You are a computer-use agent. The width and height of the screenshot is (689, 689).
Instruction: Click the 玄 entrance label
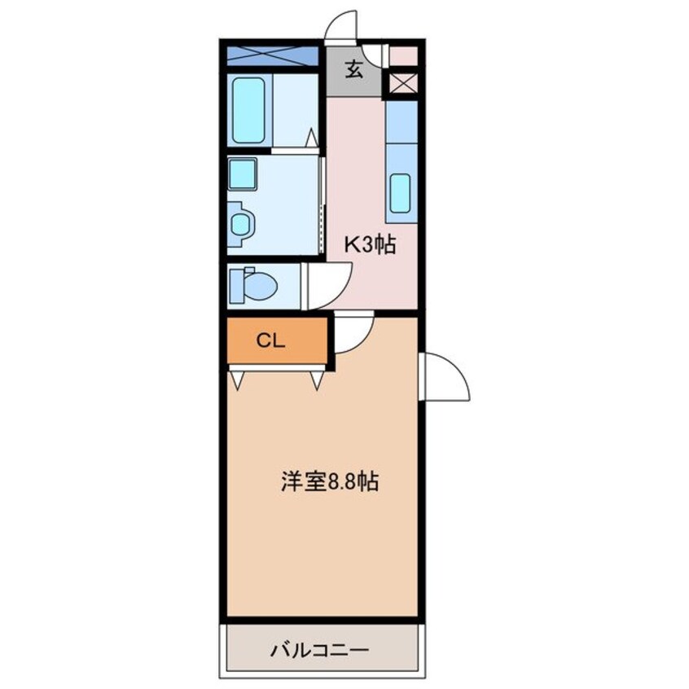[354, 69]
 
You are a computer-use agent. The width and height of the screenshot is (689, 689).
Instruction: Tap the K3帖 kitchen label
[370, 245]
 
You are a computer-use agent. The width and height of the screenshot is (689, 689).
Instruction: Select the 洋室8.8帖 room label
[330, 481]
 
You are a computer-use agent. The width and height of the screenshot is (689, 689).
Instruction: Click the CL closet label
[270, 340]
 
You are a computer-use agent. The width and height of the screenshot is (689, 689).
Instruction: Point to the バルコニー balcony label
[319, 649]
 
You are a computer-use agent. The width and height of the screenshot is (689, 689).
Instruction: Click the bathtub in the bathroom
[248, 110]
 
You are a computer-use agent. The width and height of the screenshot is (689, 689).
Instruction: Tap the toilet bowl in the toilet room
[259, 286]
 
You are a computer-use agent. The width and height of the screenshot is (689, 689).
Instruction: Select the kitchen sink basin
[400, 193]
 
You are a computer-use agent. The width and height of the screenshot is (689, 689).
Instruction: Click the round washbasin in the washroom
[241, 224]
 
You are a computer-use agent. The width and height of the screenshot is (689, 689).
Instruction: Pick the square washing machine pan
[242, 173]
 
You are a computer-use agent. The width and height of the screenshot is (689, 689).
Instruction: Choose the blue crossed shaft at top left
[273, 56]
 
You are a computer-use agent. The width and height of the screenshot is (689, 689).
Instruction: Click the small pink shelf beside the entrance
[403, 55]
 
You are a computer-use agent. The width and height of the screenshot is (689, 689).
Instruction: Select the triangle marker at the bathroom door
[312, 137]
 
